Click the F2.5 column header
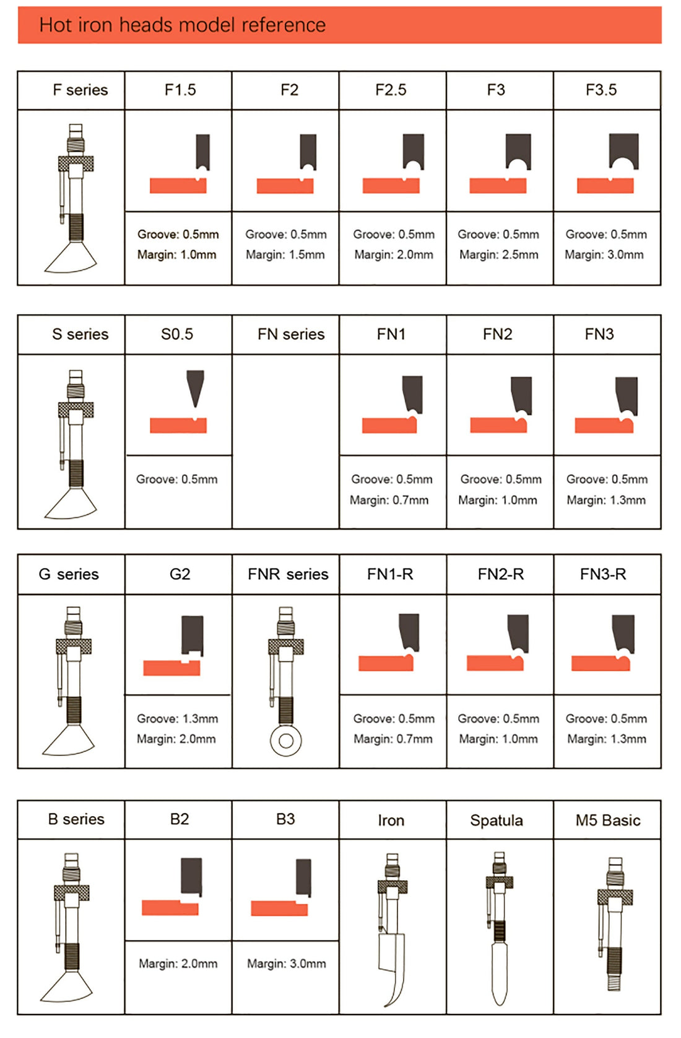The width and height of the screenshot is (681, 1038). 391,90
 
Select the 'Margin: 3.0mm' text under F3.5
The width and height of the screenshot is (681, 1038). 604,255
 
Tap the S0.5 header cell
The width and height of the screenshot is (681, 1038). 177,334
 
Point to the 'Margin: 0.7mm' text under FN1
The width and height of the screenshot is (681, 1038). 389,500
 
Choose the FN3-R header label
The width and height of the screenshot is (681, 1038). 603,574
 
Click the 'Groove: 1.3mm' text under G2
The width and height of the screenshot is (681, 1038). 178,718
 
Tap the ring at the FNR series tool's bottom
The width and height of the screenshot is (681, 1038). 286,741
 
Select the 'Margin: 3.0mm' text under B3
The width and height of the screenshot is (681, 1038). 286,964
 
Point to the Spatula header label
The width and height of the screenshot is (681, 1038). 496,821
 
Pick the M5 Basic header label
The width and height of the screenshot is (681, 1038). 608,820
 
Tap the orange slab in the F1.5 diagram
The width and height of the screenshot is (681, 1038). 178,186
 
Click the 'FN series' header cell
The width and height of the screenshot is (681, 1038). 291,334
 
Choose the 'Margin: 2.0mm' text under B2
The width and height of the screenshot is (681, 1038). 178,964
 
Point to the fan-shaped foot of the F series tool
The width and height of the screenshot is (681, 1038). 71,258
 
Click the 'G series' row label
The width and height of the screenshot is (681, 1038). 69,574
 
